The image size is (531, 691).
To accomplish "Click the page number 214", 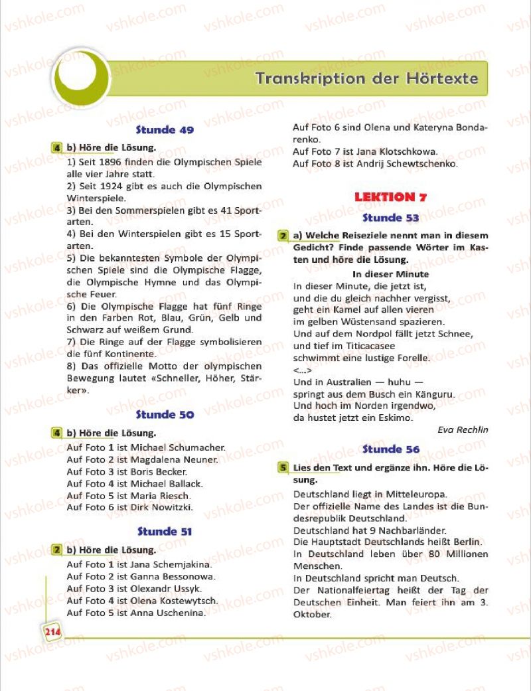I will click(52, 632).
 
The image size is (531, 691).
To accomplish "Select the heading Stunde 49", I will click(165, 130).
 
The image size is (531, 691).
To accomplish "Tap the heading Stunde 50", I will click(165, 415).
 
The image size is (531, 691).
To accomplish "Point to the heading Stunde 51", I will click(165, 532).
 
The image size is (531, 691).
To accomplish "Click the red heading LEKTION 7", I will click(390, 197).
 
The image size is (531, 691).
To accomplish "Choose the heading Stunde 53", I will click(391, 218).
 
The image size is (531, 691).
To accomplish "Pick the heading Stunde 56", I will click(391, 449).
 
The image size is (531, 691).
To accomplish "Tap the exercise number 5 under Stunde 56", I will click(283, 467).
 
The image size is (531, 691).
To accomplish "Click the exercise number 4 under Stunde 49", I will click(58, 147).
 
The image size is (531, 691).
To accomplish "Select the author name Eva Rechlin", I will click(463, 429).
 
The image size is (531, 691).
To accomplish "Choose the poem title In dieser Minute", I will click(390, 274).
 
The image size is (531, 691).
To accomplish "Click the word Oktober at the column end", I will click(312, 614).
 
